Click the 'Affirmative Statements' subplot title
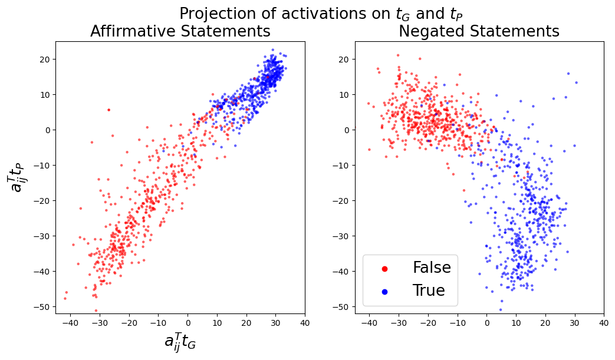(x=180, y=31)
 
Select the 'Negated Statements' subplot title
(x=479, y=31)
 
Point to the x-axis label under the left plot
(x=180, y=342)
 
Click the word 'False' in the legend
(x=432, y=268)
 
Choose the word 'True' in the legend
(x=429, y=290)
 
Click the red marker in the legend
(x=385, y=269)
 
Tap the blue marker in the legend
(x=385, y=291)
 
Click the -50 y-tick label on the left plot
(x=42, y=307)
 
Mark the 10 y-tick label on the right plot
(x=344, y=94)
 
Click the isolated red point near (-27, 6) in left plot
(x=108, y=110)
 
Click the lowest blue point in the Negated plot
(x=501, y=309)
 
